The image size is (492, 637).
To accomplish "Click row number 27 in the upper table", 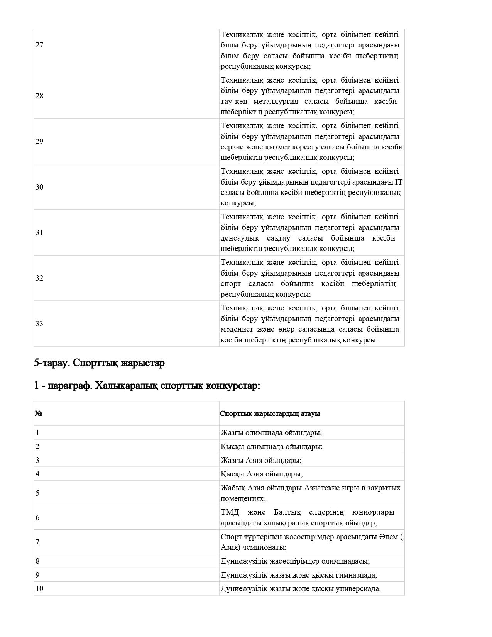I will [39, 45].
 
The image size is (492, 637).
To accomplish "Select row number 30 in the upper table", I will [39, 187].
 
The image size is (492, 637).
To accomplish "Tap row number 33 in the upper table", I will [39, 324].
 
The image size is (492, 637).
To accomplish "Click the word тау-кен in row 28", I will [233, 102].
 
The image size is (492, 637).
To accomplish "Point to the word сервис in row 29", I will [231, 147].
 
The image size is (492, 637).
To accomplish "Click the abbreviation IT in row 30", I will [399, 182].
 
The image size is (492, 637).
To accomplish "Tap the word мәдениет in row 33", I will [235, 329].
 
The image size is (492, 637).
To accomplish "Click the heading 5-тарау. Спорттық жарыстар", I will [100, 363].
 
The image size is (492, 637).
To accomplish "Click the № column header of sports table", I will [38, 413].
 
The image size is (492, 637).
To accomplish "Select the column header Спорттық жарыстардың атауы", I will [270, 413].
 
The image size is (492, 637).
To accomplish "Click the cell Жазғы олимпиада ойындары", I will [271, 433].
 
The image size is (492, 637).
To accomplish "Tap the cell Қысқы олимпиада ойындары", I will [272, 447].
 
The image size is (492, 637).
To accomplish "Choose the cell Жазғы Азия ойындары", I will [261, 461].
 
